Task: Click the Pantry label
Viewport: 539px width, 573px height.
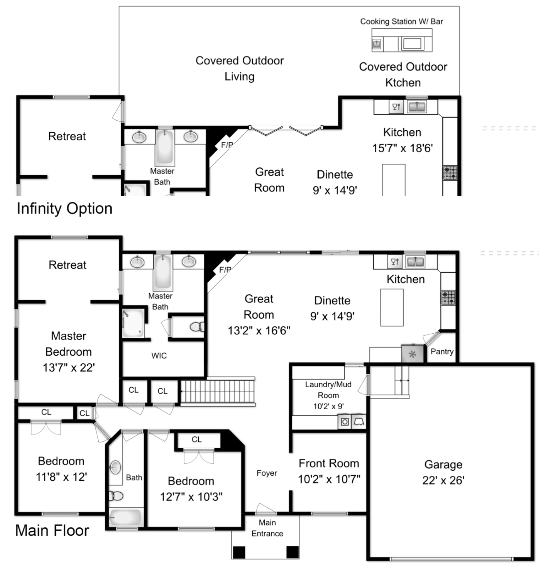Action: tap(442, 352)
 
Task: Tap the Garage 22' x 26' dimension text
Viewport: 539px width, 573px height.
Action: tap(443, 480)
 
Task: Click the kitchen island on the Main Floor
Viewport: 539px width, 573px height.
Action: tap(392, 308)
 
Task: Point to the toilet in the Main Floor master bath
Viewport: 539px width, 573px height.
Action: tap(196, 327)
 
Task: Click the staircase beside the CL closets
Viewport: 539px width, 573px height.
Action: tap(217, 391)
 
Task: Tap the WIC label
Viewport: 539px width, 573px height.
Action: tap(159, 356)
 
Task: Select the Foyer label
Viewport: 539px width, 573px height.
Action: tap(267, 473)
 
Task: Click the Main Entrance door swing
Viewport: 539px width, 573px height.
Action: tap(266, 509)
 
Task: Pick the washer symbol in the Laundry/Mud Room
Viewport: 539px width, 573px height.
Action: tap(345, 422)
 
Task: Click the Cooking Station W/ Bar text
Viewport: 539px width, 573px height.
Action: tap(401, 22)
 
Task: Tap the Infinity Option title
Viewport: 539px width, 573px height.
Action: tap(64, 209)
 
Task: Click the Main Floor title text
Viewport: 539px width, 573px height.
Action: tap(52, 531)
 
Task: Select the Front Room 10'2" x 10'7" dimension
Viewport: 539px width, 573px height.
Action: tap(329, 479)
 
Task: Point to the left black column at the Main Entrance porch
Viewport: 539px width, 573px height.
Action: tap(239, 553)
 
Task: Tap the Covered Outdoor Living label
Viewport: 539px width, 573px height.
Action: tap(239, 68)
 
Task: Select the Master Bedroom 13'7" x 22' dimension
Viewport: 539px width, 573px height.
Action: tap(69, 368)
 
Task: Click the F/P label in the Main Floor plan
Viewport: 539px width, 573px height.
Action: tap(225, 270)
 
